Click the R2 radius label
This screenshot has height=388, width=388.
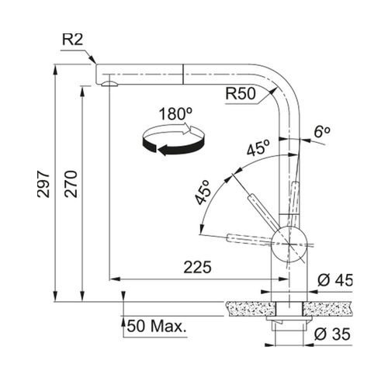72,40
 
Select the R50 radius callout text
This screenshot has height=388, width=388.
241,93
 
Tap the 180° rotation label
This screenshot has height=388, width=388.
175,114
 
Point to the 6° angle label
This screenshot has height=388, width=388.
322,132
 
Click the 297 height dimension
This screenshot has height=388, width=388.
43,184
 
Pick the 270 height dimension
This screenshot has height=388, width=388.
71,184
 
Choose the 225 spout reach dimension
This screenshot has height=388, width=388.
198,267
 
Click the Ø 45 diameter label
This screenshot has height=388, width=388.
335,280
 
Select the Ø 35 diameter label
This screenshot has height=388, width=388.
332,334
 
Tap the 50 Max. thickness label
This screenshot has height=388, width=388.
157,326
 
